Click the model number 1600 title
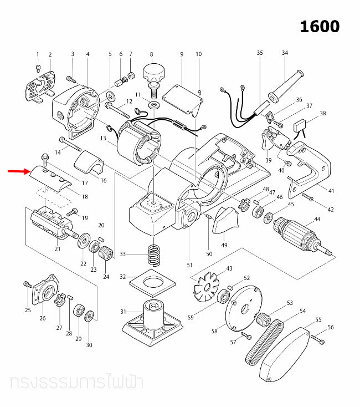[320, 27]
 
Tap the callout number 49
[224, 245]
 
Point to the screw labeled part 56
[318, 337]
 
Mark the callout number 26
[42, 318]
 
